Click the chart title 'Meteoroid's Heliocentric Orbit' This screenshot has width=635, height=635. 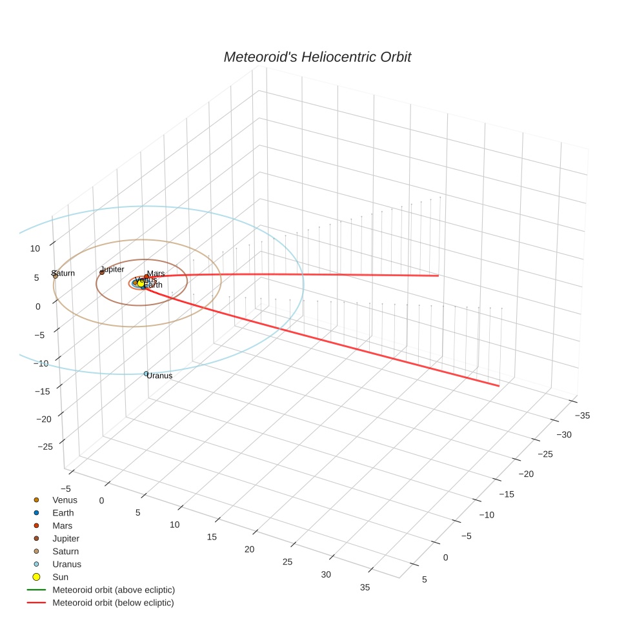pos(317,57)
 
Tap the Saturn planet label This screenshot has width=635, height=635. pos(64,273)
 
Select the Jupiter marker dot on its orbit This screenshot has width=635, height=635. pos(102,272)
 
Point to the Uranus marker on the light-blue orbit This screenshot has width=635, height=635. pos(146,374)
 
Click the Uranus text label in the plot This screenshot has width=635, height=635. pos(160,375)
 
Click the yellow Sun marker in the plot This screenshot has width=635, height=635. pos(141,283)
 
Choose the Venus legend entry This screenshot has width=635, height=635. pos(65,500)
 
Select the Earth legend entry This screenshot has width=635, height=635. pos(63,513)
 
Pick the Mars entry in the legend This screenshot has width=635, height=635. pos(63,526)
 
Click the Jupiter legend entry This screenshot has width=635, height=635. pos(66,538)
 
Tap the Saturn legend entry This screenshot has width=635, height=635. pos(65,551)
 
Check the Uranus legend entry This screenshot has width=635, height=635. pos(66,564)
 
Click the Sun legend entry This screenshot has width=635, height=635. pos(60,577)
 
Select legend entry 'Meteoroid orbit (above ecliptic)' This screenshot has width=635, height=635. pos(114,590)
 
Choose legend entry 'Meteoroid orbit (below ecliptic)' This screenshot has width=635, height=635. pos(114,603)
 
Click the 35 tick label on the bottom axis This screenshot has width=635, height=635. pos(365,587)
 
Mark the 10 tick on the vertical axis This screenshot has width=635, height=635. pos(35,248)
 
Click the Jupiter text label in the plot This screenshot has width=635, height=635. pos(112,269)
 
